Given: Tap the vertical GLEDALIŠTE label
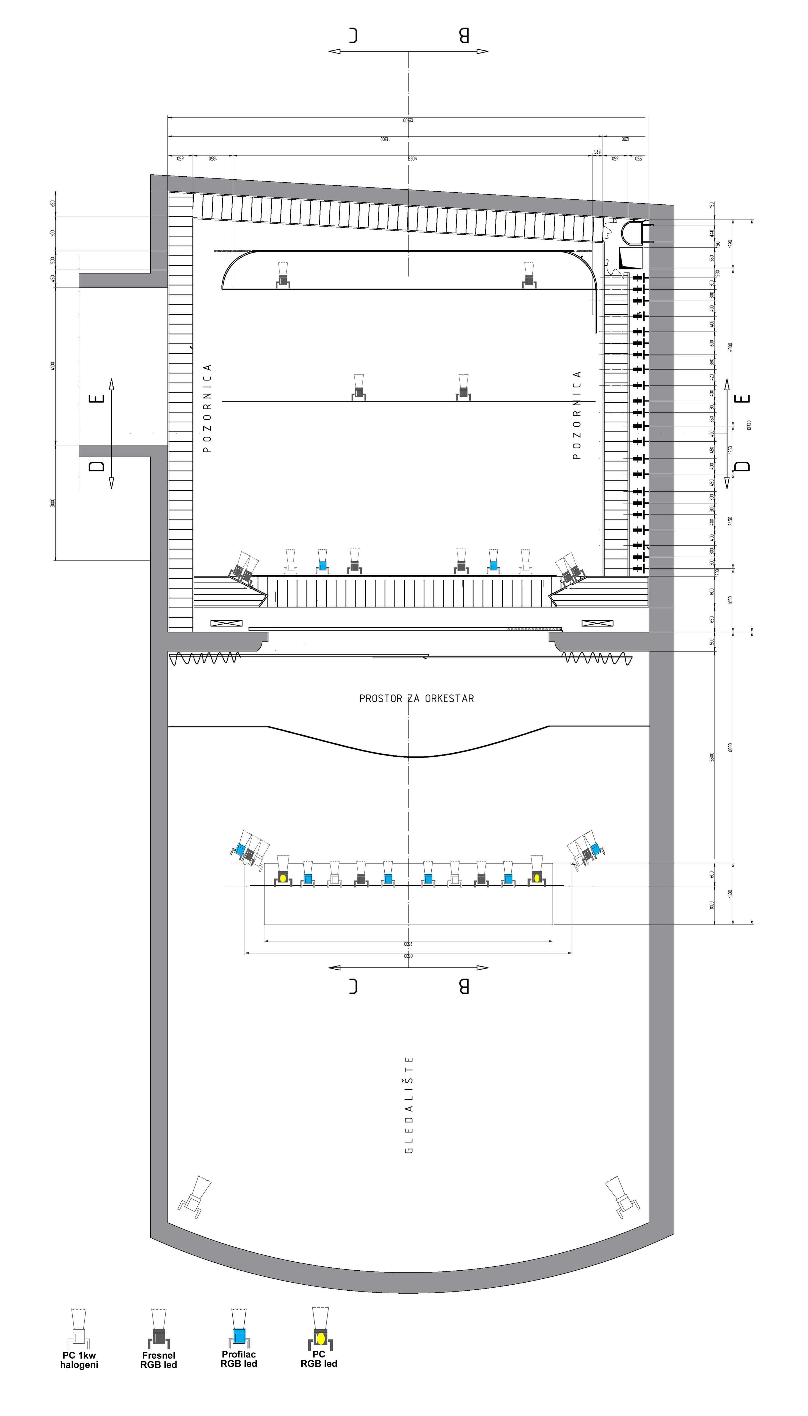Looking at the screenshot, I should (x=409, y=1104).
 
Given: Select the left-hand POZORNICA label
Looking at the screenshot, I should (x=208, y=408).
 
